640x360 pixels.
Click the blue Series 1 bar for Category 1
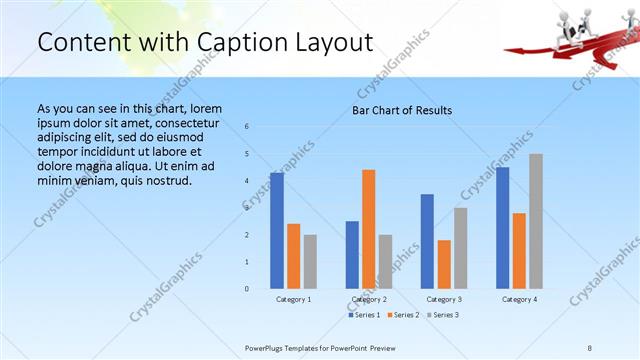[277, 231]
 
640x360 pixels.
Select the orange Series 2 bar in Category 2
[369, 229]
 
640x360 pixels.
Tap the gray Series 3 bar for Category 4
[536, 221]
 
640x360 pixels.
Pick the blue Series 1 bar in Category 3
[427, 241]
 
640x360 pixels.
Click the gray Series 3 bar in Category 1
[310, 262]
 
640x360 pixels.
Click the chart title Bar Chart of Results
[402, 110]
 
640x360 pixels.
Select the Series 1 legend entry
[365, 315]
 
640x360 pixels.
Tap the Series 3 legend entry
[442, 315]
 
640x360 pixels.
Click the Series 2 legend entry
[404, 315]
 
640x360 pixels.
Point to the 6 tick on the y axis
[247, 126]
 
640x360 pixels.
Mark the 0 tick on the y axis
[247, 289]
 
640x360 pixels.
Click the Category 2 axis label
[369, 299]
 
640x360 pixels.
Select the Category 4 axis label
[519, 299]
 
